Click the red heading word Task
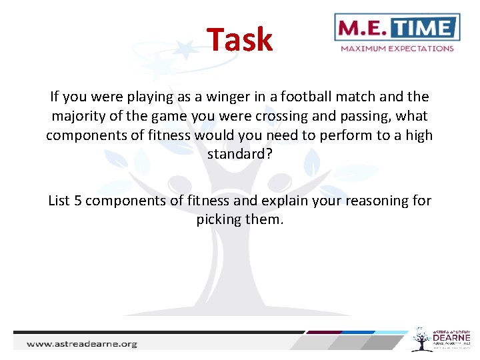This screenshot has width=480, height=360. [239, 40]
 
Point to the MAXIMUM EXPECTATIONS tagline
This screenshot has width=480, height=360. [397, 48]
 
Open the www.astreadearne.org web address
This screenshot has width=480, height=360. [82, 344]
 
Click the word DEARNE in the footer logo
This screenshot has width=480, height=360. [451, 339]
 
